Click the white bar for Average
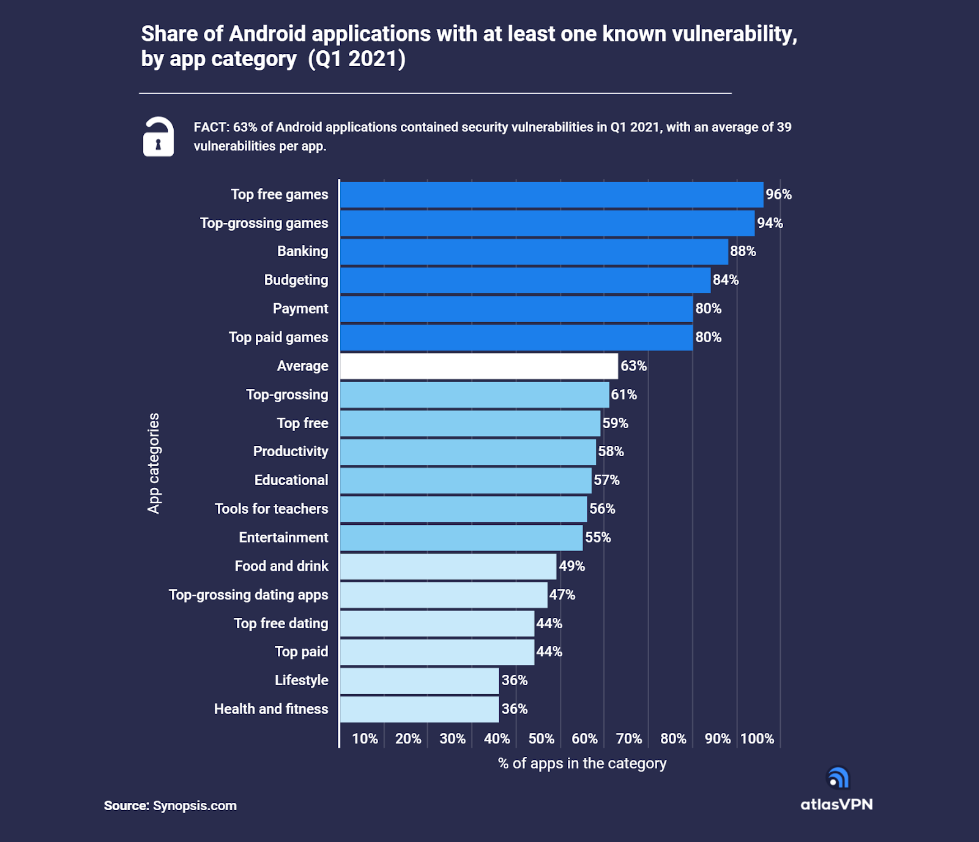pos(478,366)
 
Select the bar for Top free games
pos(551,195)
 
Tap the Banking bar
pos(534,252)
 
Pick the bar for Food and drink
pos(448,566)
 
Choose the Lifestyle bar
pos(419,681)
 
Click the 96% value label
pos(778,195)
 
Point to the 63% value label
pos(633,366)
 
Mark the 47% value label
pos(562,595)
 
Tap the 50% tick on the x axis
pos(541,739)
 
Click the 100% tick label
pos(757,739)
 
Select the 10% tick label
pos(365,739)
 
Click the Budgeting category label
pos(296,280)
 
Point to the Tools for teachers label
pos(271,509)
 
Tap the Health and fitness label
pos(271,709)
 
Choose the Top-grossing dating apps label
pos(248,595)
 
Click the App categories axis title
pos(154,463)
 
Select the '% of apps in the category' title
pos(582,764)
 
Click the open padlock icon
pos(158,137)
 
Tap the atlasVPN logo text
pos(836,805)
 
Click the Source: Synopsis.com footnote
pos(170,806)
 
